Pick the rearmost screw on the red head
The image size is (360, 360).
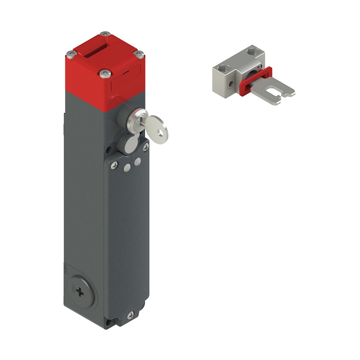click(x=105, y=34)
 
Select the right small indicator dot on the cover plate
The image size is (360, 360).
click(x=137, y=162)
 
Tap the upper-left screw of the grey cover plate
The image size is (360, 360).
click(x=114, y=165)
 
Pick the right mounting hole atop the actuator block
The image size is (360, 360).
click(x=252, y=53)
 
